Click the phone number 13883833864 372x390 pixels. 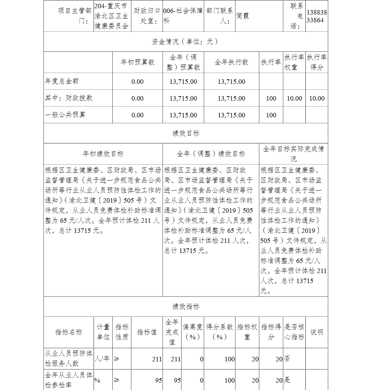tap(317, 16)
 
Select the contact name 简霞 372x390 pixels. tap(243, 16)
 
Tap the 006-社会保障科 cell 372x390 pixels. tap(183, 16)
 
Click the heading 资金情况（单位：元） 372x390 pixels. tap(185, 41)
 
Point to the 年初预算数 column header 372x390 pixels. tap(137, 62)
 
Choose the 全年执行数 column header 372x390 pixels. tap(231, 62)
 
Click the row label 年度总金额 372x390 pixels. tap(62, 81)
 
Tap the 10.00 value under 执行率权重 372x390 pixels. tap(294, 98)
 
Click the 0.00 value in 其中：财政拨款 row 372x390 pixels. tap(137, 98)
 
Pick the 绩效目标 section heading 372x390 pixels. tap(186, 133)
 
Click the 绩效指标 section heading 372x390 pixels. tap(186, 307)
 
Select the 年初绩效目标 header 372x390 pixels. tap(103, 154)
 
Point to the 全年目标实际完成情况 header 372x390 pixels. tap(294, 154)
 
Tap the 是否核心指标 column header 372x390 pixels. tap(294, 332)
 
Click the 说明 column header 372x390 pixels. tap(317, 332)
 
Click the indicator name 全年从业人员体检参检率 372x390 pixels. tap(68, 380)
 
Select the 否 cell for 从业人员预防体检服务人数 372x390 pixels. tap(288, 359)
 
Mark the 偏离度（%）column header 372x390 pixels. tap(192, 332)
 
